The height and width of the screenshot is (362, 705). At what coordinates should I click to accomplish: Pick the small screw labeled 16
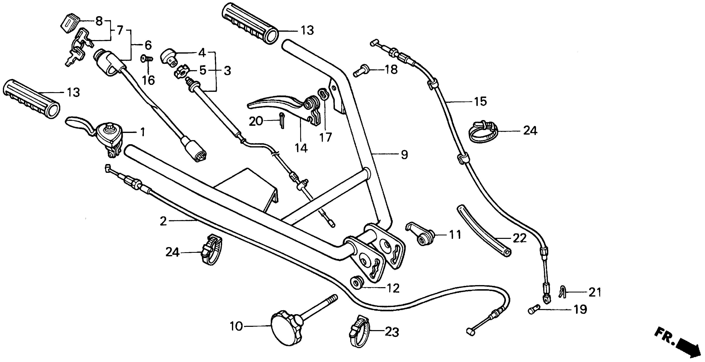[147, 59]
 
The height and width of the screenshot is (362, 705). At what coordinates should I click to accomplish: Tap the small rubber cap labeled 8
[69, 22]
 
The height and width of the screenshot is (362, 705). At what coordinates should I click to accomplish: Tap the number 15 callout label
[480, 102]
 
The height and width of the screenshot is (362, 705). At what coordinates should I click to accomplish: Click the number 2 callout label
[163, 221]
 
